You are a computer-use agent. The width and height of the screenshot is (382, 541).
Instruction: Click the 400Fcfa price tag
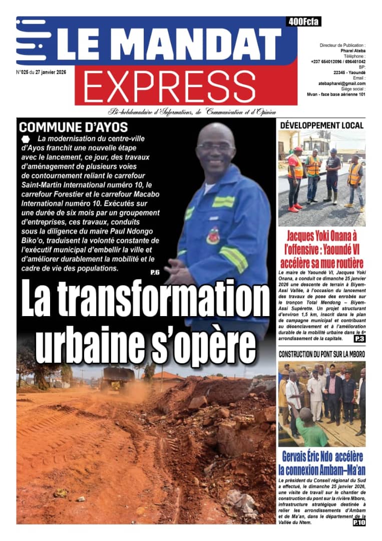coord(304,22)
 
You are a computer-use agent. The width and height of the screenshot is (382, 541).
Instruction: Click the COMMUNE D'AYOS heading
coord(73,127)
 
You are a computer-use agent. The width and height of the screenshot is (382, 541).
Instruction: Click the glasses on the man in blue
coord(216,146)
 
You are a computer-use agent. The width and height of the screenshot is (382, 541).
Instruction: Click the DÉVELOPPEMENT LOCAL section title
coord(321,125)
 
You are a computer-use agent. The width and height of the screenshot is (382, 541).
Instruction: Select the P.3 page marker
coord(359,339)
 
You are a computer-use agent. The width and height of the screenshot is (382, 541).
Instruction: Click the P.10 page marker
coord(358,523)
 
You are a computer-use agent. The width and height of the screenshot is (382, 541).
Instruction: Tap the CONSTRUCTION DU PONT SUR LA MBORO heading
coord(321,354)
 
